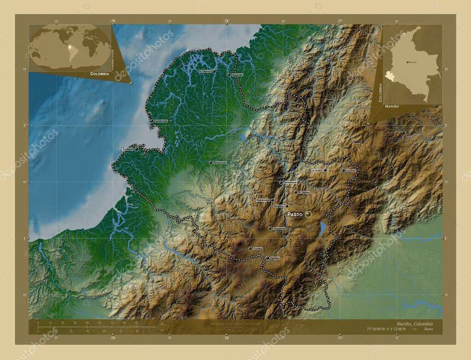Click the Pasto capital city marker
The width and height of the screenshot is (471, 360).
coord(308,214)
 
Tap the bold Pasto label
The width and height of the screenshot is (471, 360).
coord(295,214)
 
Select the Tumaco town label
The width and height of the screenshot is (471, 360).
coord(127,149)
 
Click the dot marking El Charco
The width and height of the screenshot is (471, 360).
coord(214,71)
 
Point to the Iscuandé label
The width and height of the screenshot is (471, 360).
coord(237,74)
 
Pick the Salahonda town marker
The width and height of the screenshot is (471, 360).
coord(152,121)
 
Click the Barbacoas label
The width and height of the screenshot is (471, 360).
coord(220,162)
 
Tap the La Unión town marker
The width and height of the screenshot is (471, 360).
coord(325,170)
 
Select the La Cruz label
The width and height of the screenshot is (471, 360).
coord(351,170)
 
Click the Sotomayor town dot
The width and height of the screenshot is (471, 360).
coord(281,183)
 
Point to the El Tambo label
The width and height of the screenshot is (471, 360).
coord(304,192)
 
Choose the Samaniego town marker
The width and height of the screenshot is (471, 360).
coord(272,200)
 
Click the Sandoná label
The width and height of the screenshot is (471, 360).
coord(278,206)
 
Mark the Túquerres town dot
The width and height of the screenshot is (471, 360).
coord(270,229)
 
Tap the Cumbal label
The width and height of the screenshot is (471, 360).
coord(258,249)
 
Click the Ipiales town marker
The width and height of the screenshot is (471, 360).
coord(267,258)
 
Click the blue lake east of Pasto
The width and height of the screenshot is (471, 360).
coord(323,228)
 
